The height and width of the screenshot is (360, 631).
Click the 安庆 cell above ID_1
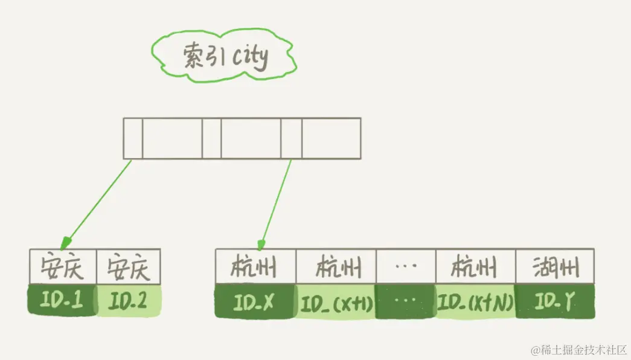coord(62,266)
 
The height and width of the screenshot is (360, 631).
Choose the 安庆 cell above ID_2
coord(128,266)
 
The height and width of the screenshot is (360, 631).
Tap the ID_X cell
coord(255,301)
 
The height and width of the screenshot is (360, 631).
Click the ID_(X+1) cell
coord(336,302)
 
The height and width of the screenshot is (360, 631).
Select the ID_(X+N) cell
coord(475,301)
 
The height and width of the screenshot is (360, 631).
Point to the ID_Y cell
coord(555,301)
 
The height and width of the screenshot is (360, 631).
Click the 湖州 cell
coord(555,266)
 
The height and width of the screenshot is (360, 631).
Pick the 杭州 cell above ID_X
coord(255,266)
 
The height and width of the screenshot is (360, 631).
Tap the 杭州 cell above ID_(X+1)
coord(336,266)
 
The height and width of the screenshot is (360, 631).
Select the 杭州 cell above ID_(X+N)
coord(475,266)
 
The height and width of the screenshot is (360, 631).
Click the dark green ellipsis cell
coord(405,301)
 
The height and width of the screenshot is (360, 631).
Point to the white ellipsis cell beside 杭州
coord(405,266)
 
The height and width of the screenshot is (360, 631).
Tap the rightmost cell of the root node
coord(331,138)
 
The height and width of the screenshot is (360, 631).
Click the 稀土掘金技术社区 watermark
coord(579,350)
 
